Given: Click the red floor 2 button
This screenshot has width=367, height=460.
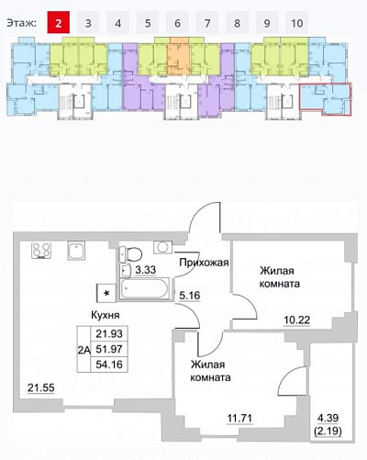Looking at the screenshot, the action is tap(59, 22).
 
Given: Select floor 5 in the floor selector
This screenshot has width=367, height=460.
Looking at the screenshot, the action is tap(148, 22).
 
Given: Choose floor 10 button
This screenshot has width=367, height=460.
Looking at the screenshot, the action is tap(297, 22).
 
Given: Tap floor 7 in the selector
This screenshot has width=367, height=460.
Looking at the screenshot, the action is tap(207, 22).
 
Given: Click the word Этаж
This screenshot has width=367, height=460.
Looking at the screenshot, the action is tap(21, 23).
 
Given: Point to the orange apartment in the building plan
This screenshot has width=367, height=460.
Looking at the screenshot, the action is tap(178, 57).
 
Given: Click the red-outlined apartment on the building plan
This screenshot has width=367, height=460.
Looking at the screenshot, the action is tap(326, 99).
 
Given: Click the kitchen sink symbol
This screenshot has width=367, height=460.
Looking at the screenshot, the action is tap(76, 251).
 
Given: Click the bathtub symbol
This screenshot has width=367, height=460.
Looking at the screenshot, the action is tap(144, 288).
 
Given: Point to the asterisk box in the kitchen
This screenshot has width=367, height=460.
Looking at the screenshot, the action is tap(106, 293).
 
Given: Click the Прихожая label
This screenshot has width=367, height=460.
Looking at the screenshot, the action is tap(204, 263).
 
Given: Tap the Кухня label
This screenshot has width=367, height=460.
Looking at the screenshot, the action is tap(106, 315).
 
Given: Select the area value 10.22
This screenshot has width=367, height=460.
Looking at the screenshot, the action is tap(297, 320).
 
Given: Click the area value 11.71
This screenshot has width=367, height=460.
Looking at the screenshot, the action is tap(239, 418).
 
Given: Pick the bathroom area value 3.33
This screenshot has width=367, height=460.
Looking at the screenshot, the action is tap(146, 270).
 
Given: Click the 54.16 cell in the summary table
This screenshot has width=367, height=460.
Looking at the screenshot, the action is tap(109, 365).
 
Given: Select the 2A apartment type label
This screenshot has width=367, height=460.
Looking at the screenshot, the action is tap(83, 350).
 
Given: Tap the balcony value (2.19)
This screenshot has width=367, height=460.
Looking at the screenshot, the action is tap(328, 432).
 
